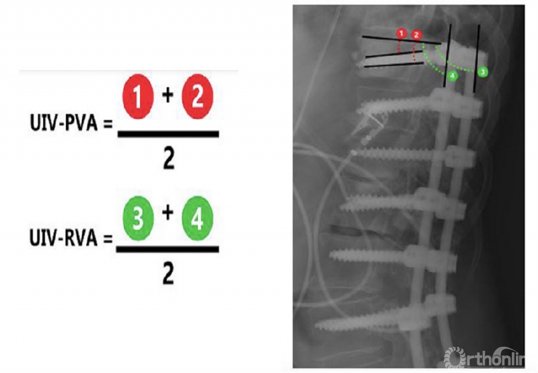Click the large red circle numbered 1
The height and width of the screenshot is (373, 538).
(138, 100)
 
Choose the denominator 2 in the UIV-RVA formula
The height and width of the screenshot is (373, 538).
(168, 275)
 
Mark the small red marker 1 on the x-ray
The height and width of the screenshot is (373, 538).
(401, 32)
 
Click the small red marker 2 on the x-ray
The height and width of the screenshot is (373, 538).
(416, 34)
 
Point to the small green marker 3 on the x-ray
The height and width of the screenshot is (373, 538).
(482, 71)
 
